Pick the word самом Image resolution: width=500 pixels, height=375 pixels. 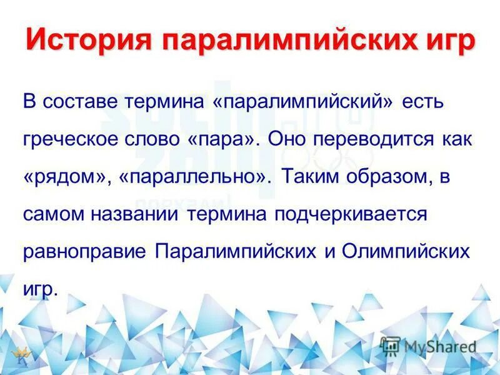pyautogui.click(x=51, y=214)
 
